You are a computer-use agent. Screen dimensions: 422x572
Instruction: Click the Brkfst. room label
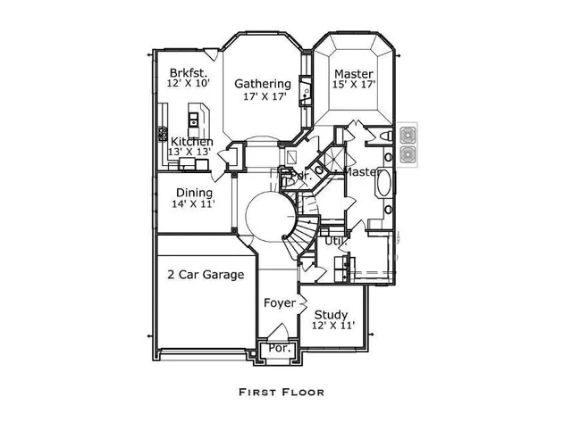[188, 73]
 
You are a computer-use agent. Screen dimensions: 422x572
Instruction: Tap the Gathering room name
[263, 84]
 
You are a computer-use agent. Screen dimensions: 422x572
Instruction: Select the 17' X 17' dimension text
[263, 97]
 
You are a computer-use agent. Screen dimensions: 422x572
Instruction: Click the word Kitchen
[192, 142]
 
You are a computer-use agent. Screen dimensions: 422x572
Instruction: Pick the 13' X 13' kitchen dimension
[190, 153]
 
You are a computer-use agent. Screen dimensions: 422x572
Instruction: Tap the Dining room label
[194, 193]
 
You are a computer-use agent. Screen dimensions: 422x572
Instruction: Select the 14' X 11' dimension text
[194, 204]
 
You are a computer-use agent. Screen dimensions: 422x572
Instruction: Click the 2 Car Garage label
[206, 275]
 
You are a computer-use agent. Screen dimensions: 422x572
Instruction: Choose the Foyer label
[280, 303]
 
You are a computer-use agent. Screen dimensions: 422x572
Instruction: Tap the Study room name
[331, 314]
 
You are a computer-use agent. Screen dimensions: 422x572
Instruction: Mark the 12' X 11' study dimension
[333, 326]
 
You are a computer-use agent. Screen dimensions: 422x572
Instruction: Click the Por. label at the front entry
[280, 348]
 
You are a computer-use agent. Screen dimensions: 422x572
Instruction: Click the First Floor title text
[282, 392]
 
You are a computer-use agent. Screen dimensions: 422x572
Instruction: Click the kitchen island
[197, 118]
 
